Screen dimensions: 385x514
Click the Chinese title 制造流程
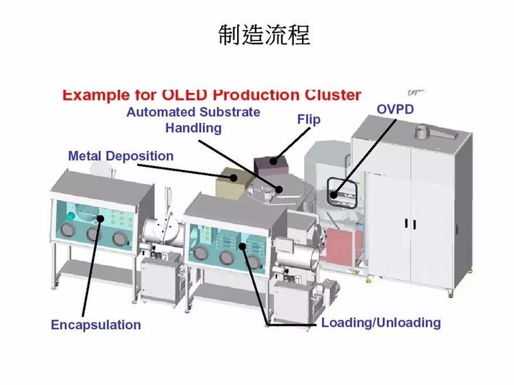coord(264,35)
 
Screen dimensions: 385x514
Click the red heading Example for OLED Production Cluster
coord(211,95)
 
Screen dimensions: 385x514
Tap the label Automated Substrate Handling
coord(193,120)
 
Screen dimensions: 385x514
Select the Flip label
coord(308,119)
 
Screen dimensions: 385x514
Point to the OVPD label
coord(394,109)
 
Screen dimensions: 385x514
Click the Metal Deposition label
coord(121,156)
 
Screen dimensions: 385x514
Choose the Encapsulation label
coord(96,325)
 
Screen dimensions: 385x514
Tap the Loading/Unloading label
coord(381,322)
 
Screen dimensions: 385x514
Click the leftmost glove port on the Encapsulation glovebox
coord(67,230)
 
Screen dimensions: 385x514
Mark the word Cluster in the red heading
coord(331,95)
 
